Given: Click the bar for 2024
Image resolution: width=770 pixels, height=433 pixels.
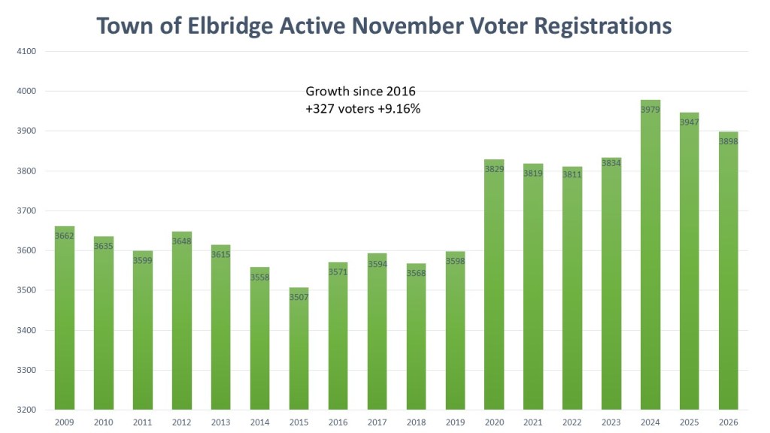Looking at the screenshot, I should click(650, 256).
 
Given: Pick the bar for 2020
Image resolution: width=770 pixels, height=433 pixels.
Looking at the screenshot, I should click(494, 285).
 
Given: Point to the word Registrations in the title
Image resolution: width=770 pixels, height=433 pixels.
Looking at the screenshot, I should click(594, 26).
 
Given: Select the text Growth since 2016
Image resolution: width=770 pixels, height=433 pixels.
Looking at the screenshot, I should click(360, 92).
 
